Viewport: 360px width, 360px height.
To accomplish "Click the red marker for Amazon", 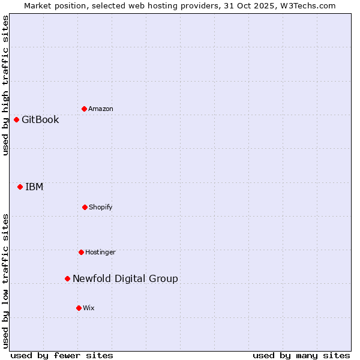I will [84, 109].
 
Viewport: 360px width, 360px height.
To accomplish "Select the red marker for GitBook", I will [16, 119].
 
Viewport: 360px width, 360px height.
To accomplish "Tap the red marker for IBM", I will [20, 187].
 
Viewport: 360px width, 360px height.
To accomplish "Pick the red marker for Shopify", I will [85, 207].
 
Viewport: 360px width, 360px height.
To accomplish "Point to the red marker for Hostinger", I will [81, 252].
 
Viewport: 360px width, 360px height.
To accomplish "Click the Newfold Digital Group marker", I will [67, 278].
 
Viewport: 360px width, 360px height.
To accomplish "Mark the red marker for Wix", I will [79, 308].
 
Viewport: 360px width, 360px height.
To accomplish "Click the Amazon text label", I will [101, 109].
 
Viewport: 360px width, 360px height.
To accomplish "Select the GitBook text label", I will [40, 119].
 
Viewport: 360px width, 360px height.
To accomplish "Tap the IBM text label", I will [34, 187].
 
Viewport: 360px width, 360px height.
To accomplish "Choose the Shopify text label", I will [101, 207].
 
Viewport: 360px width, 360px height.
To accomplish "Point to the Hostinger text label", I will [100, 252].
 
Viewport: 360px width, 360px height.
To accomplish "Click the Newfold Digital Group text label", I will [125, 278].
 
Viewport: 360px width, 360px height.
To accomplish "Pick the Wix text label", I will [89, 308].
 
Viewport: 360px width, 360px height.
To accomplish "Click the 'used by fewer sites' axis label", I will [62, 355].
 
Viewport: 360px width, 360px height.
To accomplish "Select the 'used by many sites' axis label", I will [301, 355].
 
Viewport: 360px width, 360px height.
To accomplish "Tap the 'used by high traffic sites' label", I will [6, 85].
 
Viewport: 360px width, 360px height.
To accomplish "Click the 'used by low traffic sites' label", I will [6, 280].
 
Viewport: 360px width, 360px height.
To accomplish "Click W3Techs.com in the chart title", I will [309, 5].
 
